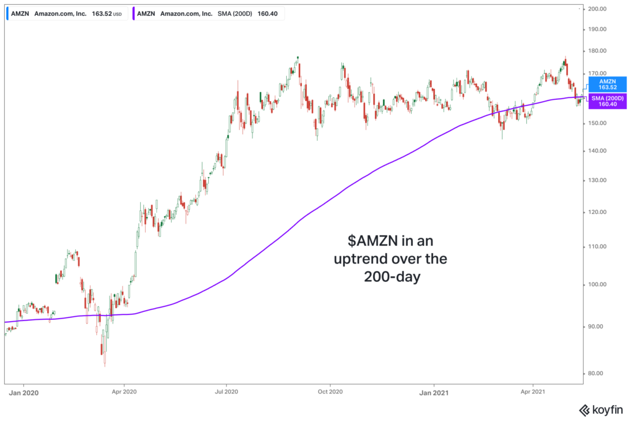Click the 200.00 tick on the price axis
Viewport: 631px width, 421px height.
597,9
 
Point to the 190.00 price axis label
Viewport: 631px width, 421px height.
597,29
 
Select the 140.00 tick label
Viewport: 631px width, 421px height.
597,151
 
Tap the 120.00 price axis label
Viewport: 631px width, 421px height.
597,213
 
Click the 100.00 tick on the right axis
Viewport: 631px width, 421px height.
597,285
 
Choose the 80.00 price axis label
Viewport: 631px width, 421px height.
597,373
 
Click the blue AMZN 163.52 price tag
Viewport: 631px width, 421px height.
607,84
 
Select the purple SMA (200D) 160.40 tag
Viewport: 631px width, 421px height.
607,101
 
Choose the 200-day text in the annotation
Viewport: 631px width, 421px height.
390,278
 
